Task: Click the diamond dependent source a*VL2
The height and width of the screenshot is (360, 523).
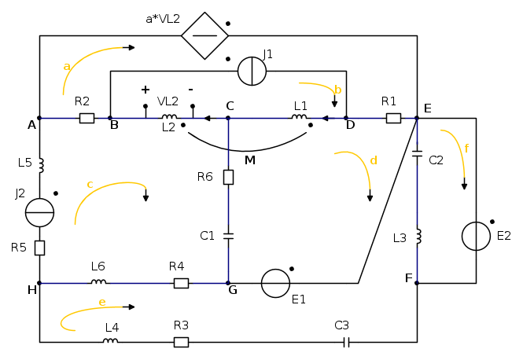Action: point(204,35)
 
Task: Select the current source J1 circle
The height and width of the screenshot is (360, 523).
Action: point(252,71)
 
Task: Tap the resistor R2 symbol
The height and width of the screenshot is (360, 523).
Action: point(87,118)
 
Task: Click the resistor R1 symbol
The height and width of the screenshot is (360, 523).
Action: point(393,118)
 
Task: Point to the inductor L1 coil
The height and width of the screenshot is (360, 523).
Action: point(299,118)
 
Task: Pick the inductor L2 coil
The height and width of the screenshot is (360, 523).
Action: point(169,118)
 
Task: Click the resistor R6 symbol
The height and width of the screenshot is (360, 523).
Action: point(228,177)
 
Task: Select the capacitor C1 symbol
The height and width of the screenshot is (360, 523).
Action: point(228,234)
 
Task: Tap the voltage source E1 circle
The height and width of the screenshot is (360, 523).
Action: point(275,283)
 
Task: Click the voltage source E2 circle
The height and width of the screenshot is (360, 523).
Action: point(476,236)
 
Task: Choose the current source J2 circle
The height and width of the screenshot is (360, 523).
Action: point(39,212)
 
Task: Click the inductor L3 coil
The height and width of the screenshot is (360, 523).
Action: point(417,236)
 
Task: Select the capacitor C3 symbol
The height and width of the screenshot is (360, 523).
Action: point(346,342)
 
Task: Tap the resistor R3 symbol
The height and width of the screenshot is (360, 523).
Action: point(181,342)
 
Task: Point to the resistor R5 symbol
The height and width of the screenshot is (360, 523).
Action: point(39,248)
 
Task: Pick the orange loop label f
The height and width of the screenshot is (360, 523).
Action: point(466,148)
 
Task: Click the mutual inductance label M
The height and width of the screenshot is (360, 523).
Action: point(250,160)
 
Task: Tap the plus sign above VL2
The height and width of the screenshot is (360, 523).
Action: point(145,90)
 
